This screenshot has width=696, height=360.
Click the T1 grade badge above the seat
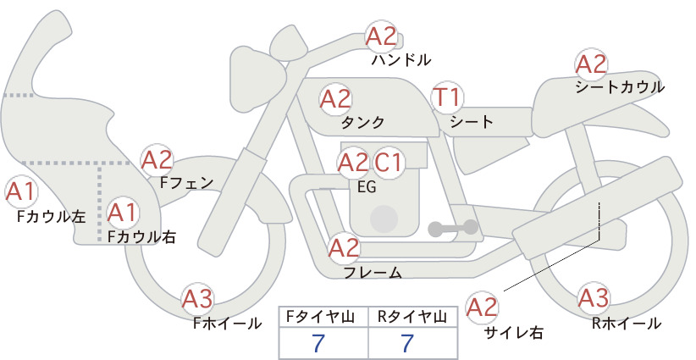[x=448, y=97]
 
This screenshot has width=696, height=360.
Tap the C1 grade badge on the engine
[x=388, y=162]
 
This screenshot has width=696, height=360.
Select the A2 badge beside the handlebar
[x=381, y=36]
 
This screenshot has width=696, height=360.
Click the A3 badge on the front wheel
[x=198, y=299]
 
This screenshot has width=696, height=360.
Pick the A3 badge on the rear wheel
[x=594, y=298]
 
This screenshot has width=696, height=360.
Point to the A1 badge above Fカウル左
[x=20, y=191]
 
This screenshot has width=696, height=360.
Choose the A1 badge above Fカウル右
[x=122, y=213]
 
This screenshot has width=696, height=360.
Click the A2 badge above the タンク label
[x=335, y=98]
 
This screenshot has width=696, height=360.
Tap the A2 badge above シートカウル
[x=591, y=64]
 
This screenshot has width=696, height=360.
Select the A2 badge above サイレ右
[x=482, y=307]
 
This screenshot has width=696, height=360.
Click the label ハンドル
[x=401, y=59]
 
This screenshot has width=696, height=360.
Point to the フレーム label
[x=373, y=273]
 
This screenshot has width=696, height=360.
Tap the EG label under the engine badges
[x=367, y=187]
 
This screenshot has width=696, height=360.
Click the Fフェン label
[x=186, y=182]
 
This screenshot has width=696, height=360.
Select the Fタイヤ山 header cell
[x=323, y=317]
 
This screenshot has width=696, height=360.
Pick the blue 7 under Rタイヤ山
[x=407, y=343]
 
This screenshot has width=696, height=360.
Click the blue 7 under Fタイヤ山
[x=318, y=343]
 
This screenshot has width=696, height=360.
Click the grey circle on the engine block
[x=384, y=219]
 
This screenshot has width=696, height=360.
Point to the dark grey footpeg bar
[x=453, y=228]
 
